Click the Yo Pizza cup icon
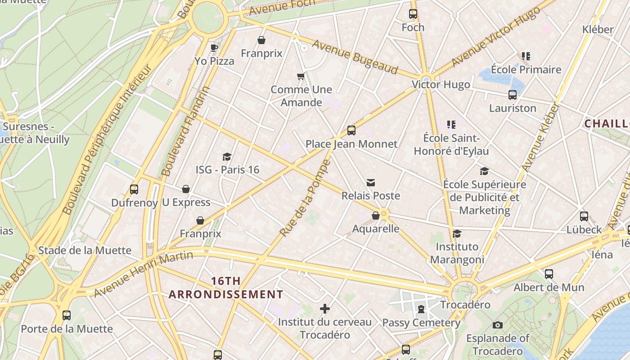pos(214,48)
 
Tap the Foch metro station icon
pos(413,14)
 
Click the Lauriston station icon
pos(513,95)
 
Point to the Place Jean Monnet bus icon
pos(351,131)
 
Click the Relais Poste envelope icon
pos(371,183)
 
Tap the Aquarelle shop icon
pos(376,216)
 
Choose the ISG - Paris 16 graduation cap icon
pos(227,157)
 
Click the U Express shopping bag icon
pos(186,189)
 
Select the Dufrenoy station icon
pos(134,189)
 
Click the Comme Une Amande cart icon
pos(301,76)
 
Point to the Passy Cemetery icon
pos(421,309)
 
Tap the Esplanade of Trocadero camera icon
pos(497,325)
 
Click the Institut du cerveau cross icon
pos(325,309)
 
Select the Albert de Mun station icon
pos(549,274)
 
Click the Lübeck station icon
pos(584,216)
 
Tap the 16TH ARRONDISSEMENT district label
pos(226,288)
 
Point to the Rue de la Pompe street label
pos(306,198)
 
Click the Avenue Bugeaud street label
pos(355,57)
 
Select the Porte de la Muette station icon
pos(67,315)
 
